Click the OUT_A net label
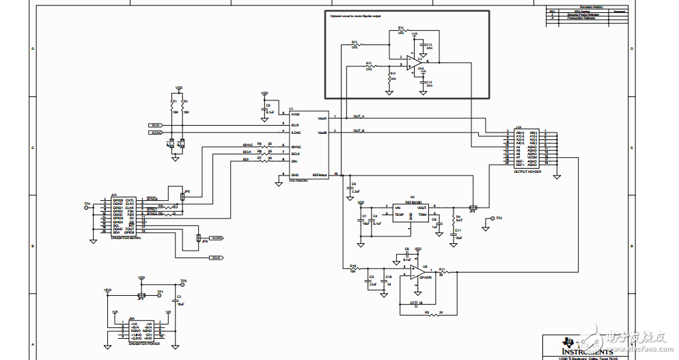click(359, 116)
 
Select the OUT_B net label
click(359, 130)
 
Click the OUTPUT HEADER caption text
click(527, 172)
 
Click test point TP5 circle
click(182, 285)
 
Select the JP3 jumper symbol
click(473, 206)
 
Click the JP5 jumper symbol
click(183, 197)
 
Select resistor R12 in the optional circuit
click(355, 45)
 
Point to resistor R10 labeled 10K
click(353, 268)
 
